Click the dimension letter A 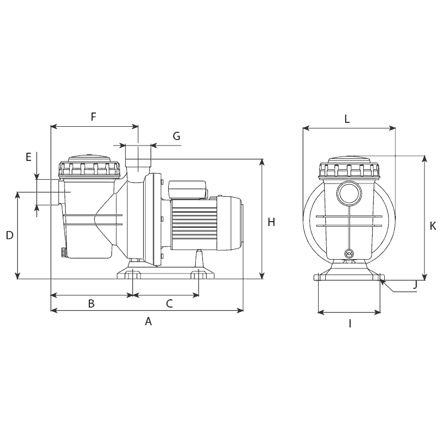click(148, 321)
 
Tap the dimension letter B click(91, 304)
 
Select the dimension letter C click(169, 304)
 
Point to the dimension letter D click(9, 235)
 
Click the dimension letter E click(29, 157)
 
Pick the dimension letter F click(93, 116)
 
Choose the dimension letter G click(176, 136)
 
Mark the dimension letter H click(271, 222)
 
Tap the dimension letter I click(350, 324)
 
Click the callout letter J click(415, 285)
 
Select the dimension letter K click(433, 225)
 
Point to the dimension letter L click(347, 119)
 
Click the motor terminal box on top click(187, 189)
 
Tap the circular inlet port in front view click(349, 193)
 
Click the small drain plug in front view click(349, 254)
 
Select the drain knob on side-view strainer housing click(63, 252)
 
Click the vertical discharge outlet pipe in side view click(138, 168)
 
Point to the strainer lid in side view click(89, 167)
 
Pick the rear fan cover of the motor click(229, 223)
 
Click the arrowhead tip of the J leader click(380, 280)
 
